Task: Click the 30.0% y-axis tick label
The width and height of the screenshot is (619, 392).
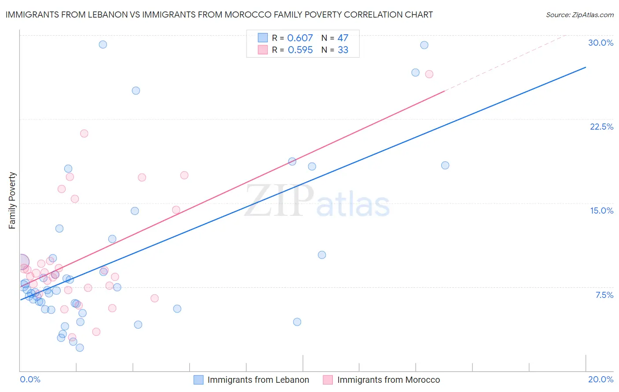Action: [601, 43]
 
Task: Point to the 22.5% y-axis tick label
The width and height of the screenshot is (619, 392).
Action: [601, 127]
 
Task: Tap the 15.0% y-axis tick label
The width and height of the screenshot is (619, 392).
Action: [601, 211]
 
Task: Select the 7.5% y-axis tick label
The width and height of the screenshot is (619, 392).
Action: [604, 295]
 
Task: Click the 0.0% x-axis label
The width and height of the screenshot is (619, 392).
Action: [30, 379]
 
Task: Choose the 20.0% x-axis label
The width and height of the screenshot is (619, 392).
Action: [601, 379]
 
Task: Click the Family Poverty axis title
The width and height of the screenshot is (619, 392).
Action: [12, 200]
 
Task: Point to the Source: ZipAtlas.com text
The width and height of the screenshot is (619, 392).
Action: [579, 15]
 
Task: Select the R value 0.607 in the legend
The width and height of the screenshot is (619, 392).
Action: [300, 38]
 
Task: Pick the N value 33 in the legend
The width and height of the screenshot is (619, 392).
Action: [343, 50]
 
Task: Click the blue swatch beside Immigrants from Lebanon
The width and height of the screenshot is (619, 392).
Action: [199, 380]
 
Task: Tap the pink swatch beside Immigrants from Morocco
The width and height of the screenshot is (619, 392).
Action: [328, 380]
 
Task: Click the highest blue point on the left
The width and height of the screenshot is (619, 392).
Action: [103, 44]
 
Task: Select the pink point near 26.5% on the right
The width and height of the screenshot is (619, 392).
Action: [429, 74]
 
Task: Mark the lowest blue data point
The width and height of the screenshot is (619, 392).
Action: [80, 348]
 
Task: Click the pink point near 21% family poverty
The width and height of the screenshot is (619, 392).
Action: [84, 133]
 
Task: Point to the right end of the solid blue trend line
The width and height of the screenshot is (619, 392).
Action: [586, 67]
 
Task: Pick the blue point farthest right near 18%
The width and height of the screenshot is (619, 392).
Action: [445, 165]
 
